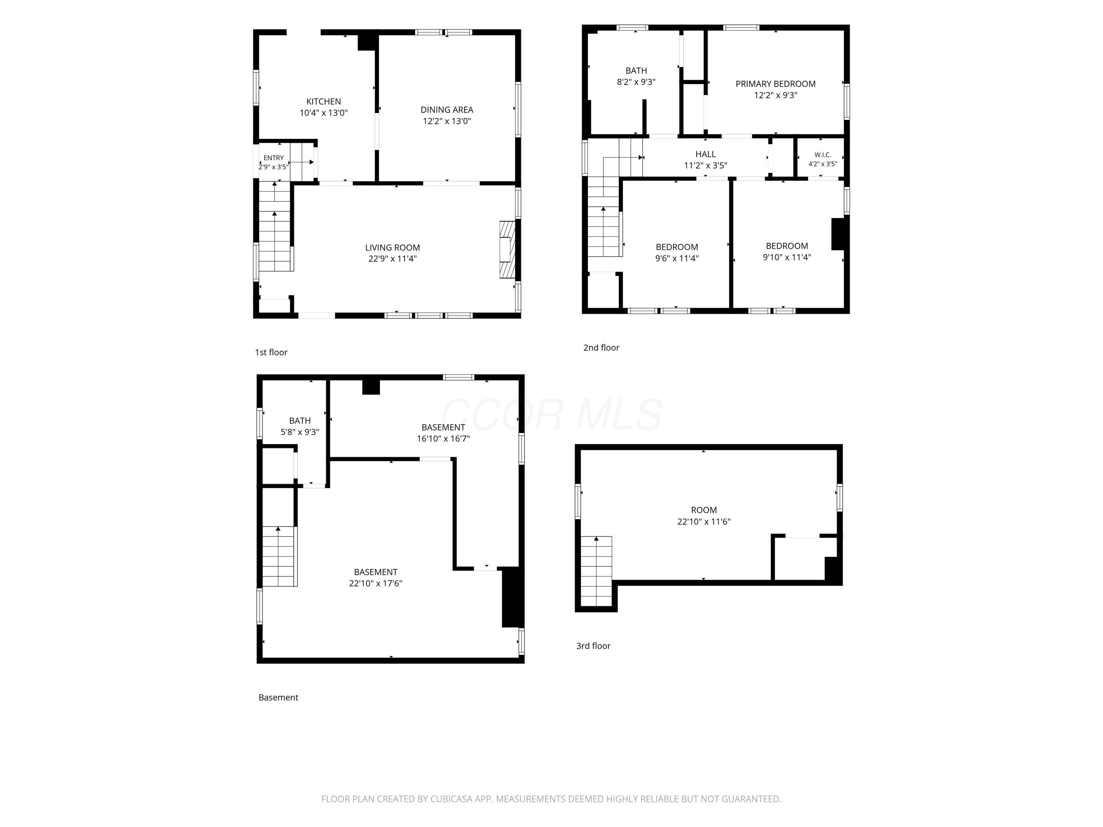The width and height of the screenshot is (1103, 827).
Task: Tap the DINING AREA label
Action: [x=447, y=110]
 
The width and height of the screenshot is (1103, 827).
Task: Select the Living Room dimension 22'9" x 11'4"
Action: [x=392, y=259]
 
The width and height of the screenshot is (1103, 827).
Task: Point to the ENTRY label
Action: [x=274, y=158]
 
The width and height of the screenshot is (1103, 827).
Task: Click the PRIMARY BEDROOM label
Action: [x=775, y=84]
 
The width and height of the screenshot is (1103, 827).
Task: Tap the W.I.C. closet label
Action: [x=823, y=155]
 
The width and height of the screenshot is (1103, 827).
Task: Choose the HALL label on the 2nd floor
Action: [x=706, y=154]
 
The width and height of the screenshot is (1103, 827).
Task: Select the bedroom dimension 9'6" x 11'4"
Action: [x=677, y=259]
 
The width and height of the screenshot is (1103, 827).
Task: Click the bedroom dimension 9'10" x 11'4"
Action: [x=787, y=258]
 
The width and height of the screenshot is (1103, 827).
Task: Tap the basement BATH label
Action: [x=300, y=421]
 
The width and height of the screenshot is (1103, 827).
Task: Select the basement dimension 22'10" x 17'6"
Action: [x=375, y=584]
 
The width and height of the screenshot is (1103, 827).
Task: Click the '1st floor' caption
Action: [x=271, y=352]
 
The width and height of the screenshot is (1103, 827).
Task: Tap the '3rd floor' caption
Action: [x=593, y=646]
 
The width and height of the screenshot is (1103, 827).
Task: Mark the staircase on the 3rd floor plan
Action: [x=596, y=571]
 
